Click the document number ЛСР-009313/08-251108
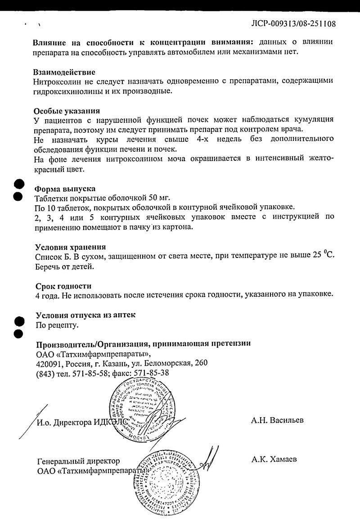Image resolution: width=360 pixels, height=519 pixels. pyautogui.click(x=293, y=23)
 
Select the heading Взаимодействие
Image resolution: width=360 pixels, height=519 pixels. pyautogui.click(x=64, y=72)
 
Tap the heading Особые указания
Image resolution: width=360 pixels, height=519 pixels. pyautogui.click(x=67, y=111)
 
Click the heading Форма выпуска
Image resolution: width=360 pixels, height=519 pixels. pyautogui.click(x=65, y=189)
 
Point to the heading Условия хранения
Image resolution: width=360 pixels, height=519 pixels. pyautogui.click(x=71, y=247)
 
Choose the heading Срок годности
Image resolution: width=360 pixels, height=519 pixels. pyautogui.click(x=63, y=286)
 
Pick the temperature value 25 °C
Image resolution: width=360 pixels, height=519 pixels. pyautogui.click(x=324, y=256)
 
